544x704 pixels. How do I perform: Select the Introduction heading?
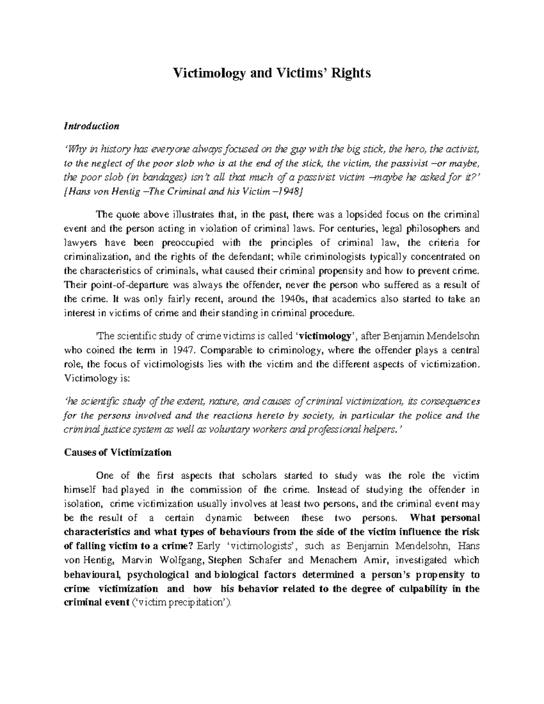click(92, 126)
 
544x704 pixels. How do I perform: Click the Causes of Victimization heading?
click(118, 452)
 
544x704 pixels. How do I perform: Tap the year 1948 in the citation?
click(287, 191)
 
